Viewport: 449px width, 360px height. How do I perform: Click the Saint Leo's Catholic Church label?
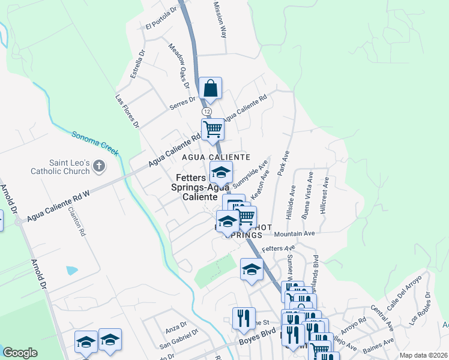60,167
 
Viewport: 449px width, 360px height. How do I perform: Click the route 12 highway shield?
206,112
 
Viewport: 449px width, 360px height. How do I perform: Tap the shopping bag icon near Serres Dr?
211,89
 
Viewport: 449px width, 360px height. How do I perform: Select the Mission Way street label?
220,19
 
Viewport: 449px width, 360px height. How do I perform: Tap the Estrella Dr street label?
138,64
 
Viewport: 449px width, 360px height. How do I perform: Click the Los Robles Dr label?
420,307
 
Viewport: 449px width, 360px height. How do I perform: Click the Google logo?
20,353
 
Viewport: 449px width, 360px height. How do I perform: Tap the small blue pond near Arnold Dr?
72,270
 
